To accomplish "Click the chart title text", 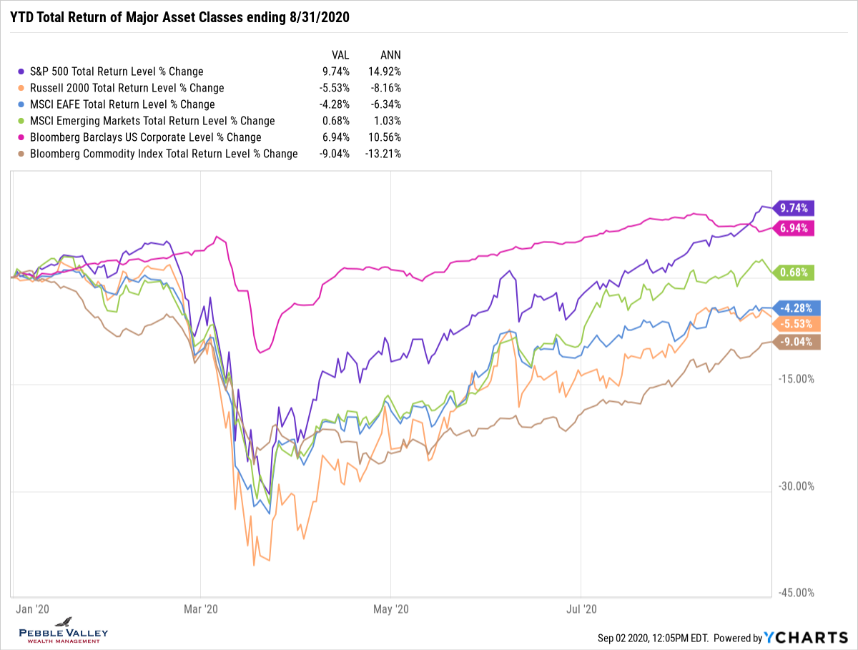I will click(179, 16).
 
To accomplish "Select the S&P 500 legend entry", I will click(116, 72).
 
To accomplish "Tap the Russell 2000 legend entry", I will click(127, 88).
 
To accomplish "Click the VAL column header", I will click(340, 54).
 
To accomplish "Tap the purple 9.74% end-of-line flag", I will click(794, 208).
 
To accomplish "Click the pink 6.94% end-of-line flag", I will click(794, 228).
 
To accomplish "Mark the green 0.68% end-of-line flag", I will click(794, 272).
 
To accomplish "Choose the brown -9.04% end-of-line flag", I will click(794, 342).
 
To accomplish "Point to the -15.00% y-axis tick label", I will click(796, 379).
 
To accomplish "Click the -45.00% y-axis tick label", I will click(796, 593).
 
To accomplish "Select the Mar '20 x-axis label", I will click(201, 609).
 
